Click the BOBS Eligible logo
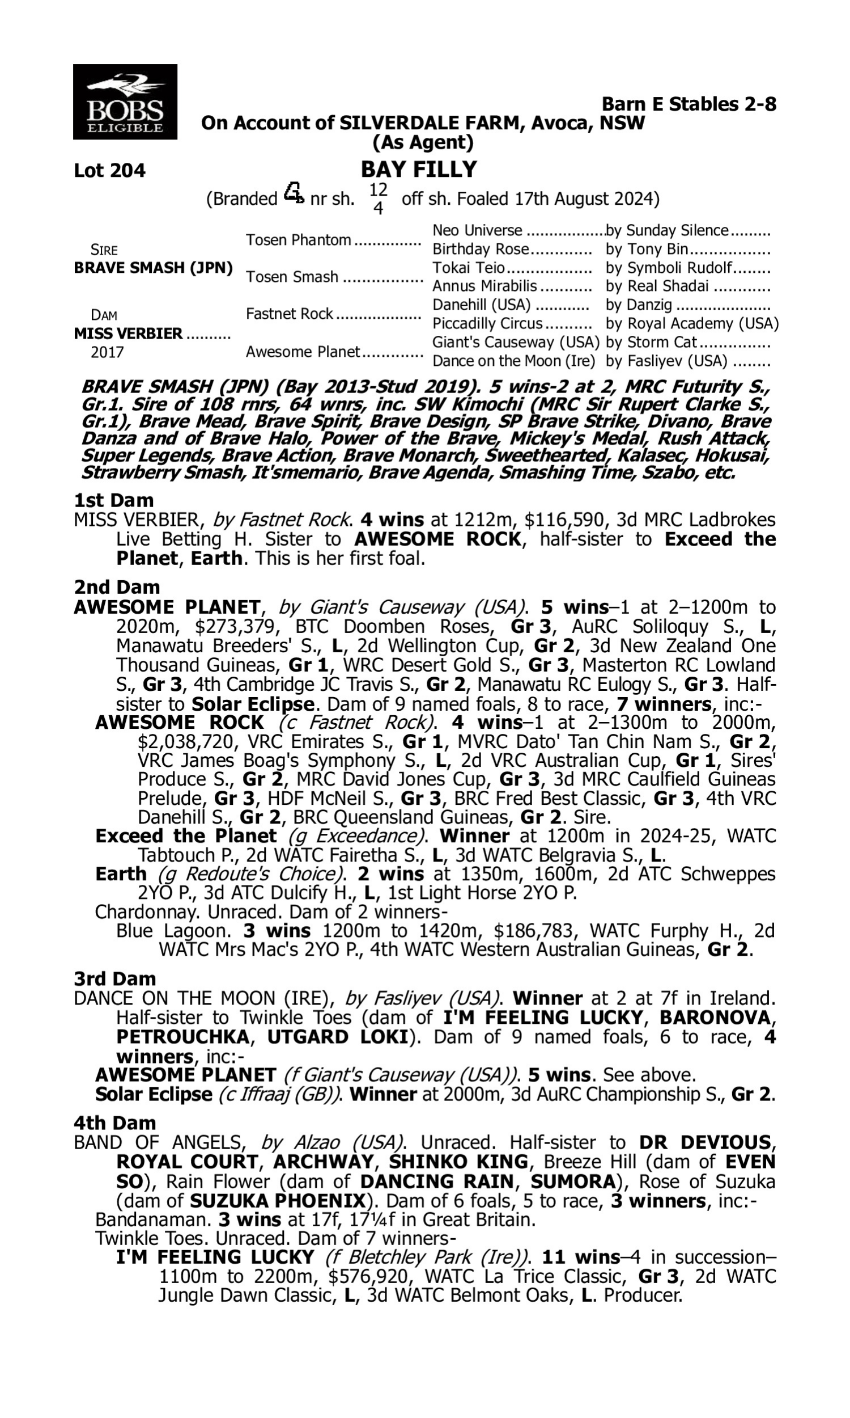[125, 102]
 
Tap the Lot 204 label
[110, 171]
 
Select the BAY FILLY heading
[419, 170]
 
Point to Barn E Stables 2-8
[688, 104]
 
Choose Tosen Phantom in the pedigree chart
[299, 240]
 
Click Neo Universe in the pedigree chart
[477, 230]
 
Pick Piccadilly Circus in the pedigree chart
[487, 324]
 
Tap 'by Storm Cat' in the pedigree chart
[651, 343]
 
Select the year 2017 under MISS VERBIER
[107, 352]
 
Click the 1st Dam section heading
[114, 500]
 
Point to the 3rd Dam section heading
[114, 978]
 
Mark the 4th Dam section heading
[114, 1123]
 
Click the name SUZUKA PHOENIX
[277, 1200]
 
